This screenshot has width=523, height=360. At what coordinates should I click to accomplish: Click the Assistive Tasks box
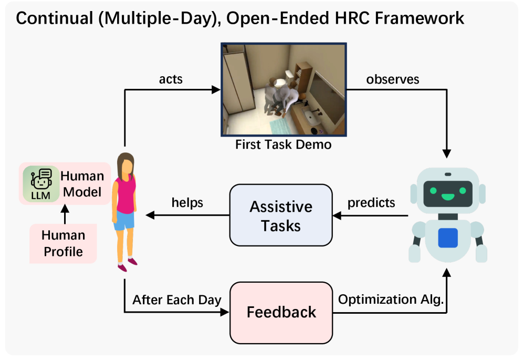281,215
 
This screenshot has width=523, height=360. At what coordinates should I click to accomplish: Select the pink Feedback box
281,313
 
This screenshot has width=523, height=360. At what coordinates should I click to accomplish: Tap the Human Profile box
63,243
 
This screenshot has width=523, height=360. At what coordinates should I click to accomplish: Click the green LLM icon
41,184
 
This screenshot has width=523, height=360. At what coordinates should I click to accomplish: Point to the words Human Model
82,184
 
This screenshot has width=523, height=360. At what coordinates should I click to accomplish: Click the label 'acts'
171,79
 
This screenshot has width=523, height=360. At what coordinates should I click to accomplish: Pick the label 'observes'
393,79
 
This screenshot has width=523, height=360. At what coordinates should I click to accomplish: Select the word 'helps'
187,203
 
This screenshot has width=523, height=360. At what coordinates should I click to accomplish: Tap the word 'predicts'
371,203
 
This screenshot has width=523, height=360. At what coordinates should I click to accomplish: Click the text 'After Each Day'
177,300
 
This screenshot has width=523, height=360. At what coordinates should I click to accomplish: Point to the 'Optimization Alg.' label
391,299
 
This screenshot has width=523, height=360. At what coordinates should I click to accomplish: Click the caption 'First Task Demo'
283,145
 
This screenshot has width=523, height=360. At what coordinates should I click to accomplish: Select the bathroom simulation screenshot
284,89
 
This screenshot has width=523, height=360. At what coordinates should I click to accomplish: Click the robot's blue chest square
447,238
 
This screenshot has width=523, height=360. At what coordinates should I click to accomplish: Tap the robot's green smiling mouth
447,197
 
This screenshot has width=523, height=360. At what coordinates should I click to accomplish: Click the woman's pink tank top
125,196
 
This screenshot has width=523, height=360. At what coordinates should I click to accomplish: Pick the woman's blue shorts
124,220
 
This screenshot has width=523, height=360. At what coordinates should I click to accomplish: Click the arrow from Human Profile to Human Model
65,214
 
